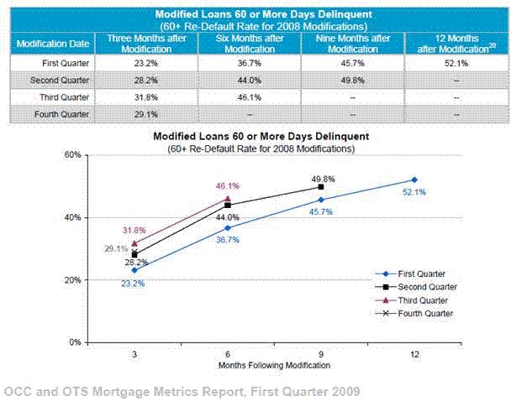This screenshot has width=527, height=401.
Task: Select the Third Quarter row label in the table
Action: click(x=54, y=96)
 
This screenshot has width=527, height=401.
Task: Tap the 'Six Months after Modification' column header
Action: click(x=250, y=44)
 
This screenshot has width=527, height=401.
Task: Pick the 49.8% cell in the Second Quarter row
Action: click(x=352, y=80)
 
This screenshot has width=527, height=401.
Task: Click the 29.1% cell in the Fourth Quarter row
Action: click(x=146, y=113)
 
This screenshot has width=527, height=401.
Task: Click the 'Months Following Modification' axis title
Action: click(x=275, y=366)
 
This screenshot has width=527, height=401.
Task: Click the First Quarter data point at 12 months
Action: click(x=414, y=180)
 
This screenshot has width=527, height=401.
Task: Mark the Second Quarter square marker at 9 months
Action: click(x=321, y=186)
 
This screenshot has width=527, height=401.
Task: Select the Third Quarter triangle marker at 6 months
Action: click(x=228, y=199)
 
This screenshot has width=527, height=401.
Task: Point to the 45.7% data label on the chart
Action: click(x=320, y=212)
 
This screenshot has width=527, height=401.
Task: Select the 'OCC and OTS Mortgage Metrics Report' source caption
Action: click(x=181, y=391)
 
